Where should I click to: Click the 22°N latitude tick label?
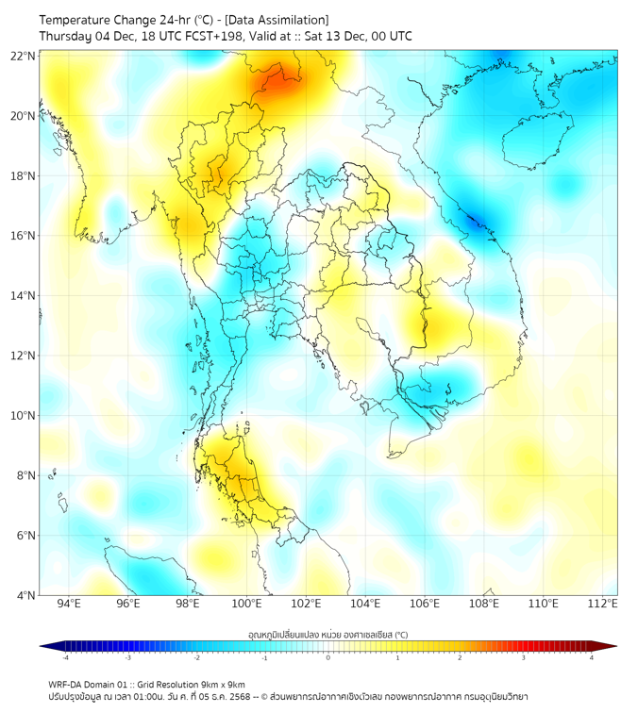24,56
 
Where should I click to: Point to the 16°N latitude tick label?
24,236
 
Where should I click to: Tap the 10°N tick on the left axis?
24,416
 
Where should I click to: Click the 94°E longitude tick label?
69,604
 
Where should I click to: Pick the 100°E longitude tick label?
246,604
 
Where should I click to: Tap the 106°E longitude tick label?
425,604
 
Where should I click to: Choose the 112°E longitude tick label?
602,604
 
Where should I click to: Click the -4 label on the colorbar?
65,658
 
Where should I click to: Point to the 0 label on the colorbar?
328,658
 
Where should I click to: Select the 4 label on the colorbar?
592,658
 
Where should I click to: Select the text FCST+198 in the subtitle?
212,36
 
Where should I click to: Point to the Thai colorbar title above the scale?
327,634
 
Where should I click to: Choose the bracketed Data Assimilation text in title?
278,20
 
